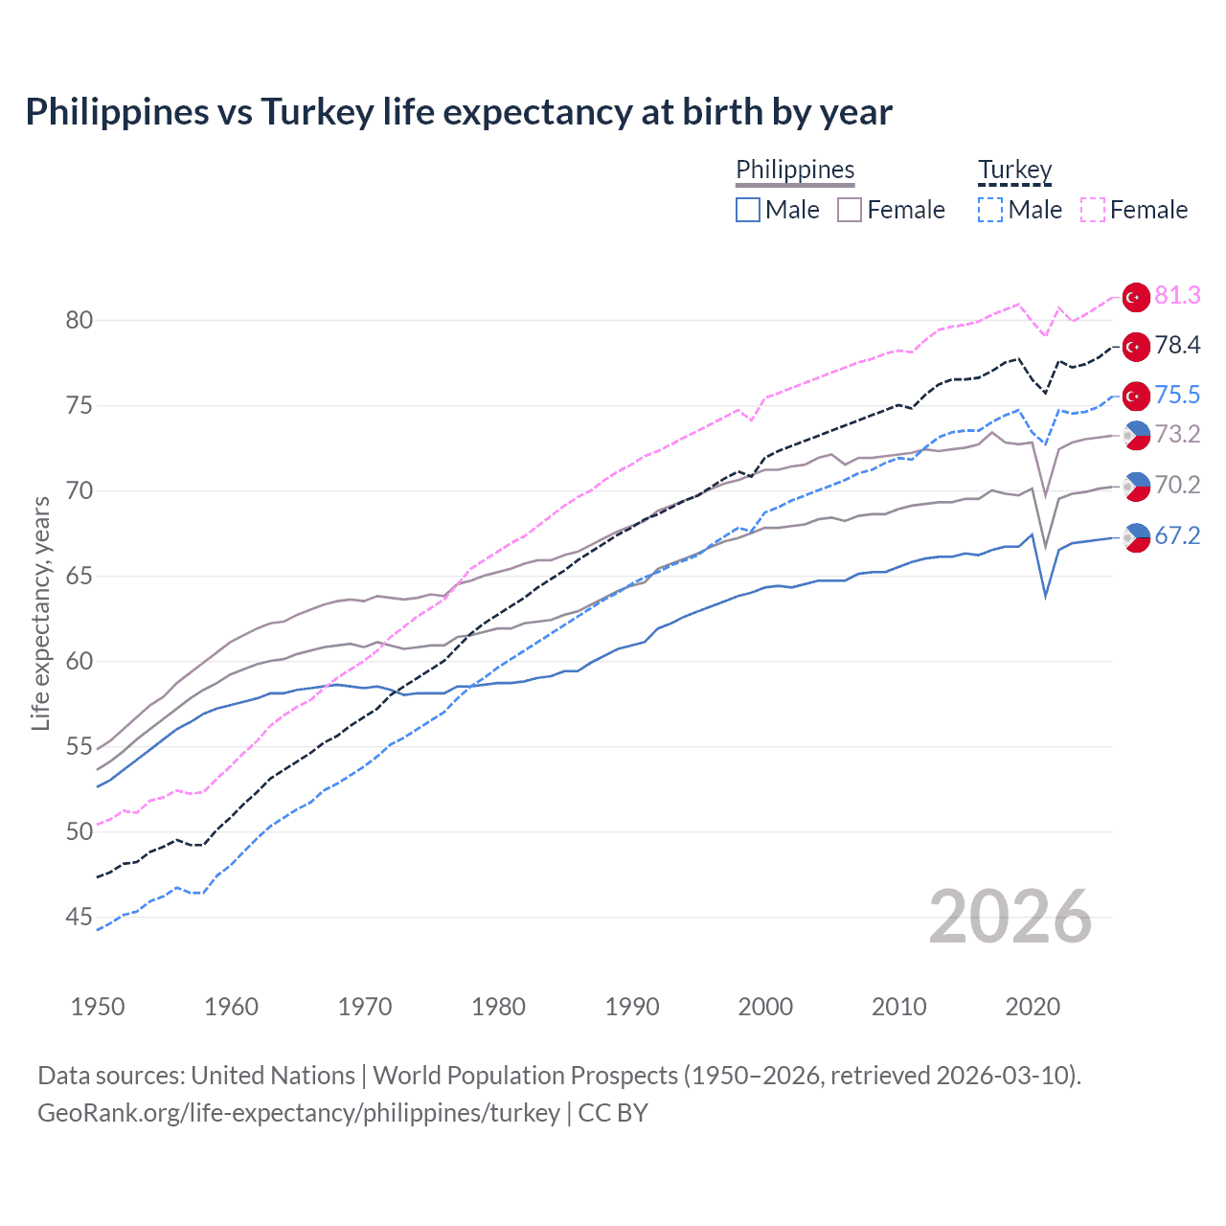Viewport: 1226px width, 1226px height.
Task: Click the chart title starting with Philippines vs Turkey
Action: click(459, 112)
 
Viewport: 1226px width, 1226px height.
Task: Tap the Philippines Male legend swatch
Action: click(748, 210)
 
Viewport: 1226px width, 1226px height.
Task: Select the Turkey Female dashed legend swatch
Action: click(1093, 210)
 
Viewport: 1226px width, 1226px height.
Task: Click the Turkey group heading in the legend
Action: click(1014, 170)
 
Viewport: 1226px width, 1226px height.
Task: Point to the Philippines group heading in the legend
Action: click(795, 170)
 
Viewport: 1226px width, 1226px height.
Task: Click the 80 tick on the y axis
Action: click(79, 320)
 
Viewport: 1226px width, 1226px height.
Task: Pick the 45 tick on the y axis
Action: click(79, 918)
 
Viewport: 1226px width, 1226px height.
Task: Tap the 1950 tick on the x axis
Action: click(98, 1007)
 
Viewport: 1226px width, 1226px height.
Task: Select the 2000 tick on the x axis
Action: click(765, 1007)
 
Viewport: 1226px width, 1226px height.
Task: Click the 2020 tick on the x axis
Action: click(1033, 1007)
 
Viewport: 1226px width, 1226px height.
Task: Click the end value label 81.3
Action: click(1177, 296)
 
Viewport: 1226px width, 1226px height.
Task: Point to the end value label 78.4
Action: click(1177, 346)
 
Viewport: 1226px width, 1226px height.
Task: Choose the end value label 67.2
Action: click(1177, 536)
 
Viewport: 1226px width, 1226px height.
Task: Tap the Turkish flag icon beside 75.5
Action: click(1136, 396)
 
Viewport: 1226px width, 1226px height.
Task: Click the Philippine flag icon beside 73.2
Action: click(1136, 435)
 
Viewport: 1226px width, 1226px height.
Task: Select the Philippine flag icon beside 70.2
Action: click(1136, 486)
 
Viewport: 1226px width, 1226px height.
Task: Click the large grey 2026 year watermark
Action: click(1010, 918)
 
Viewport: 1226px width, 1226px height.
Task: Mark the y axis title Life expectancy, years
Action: click(41, 613)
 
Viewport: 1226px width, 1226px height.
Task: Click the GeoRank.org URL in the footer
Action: click(299, 1113)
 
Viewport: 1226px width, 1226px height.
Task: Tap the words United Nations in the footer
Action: click(273, 1076)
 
